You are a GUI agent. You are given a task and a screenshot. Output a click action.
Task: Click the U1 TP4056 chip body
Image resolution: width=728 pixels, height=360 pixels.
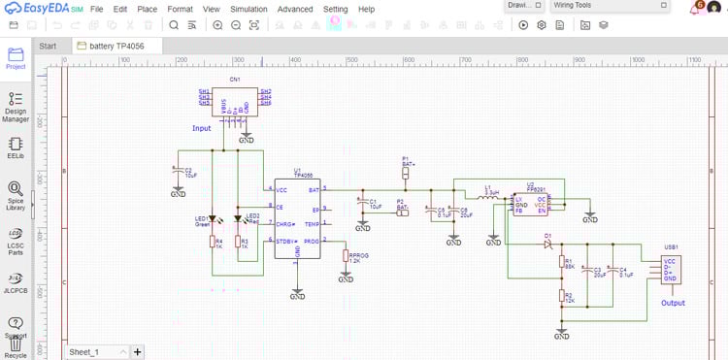click(x=297, y=218)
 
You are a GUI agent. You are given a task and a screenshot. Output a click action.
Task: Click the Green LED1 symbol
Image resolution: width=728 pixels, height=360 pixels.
click(x=213, y=219)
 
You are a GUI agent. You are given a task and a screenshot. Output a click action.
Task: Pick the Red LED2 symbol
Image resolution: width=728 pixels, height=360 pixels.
click(x=238, y=219)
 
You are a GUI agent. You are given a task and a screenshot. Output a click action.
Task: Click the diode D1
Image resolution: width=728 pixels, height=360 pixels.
click(x=548, y=243)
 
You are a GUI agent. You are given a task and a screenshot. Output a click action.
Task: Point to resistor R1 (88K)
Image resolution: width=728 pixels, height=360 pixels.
click(x=561, y=262)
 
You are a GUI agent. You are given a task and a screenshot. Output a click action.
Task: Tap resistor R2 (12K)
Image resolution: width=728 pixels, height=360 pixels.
click(x=561, y=296)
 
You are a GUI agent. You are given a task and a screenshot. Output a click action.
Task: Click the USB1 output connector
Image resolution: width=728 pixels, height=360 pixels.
click(x=671, y=270)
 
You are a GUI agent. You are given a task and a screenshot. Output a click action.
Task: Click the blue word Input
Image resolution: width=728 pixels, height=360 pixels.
click(x=201, y=128)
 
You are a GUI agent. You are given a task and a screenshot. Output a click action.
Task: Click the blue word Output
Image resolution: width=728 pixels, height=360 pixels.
click(x=673, y=303)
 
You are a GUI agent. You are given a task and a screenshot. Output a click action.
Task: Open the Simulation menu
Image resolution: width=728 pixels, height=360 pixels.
click(x=248, y=9)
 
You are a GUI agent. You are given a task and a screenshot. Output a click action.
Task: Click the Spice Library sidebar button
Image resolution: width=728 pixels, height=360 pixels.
click(x=16, y=195)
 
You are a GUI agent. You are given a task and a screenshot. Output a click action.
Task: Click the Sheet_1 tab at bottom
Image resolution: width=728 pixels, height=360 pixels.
click(x=85, y=351)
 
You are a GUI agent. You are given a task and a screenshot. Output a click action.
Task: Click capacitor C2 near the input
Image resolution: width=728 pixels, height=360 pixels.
click(x=179, y=174)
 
